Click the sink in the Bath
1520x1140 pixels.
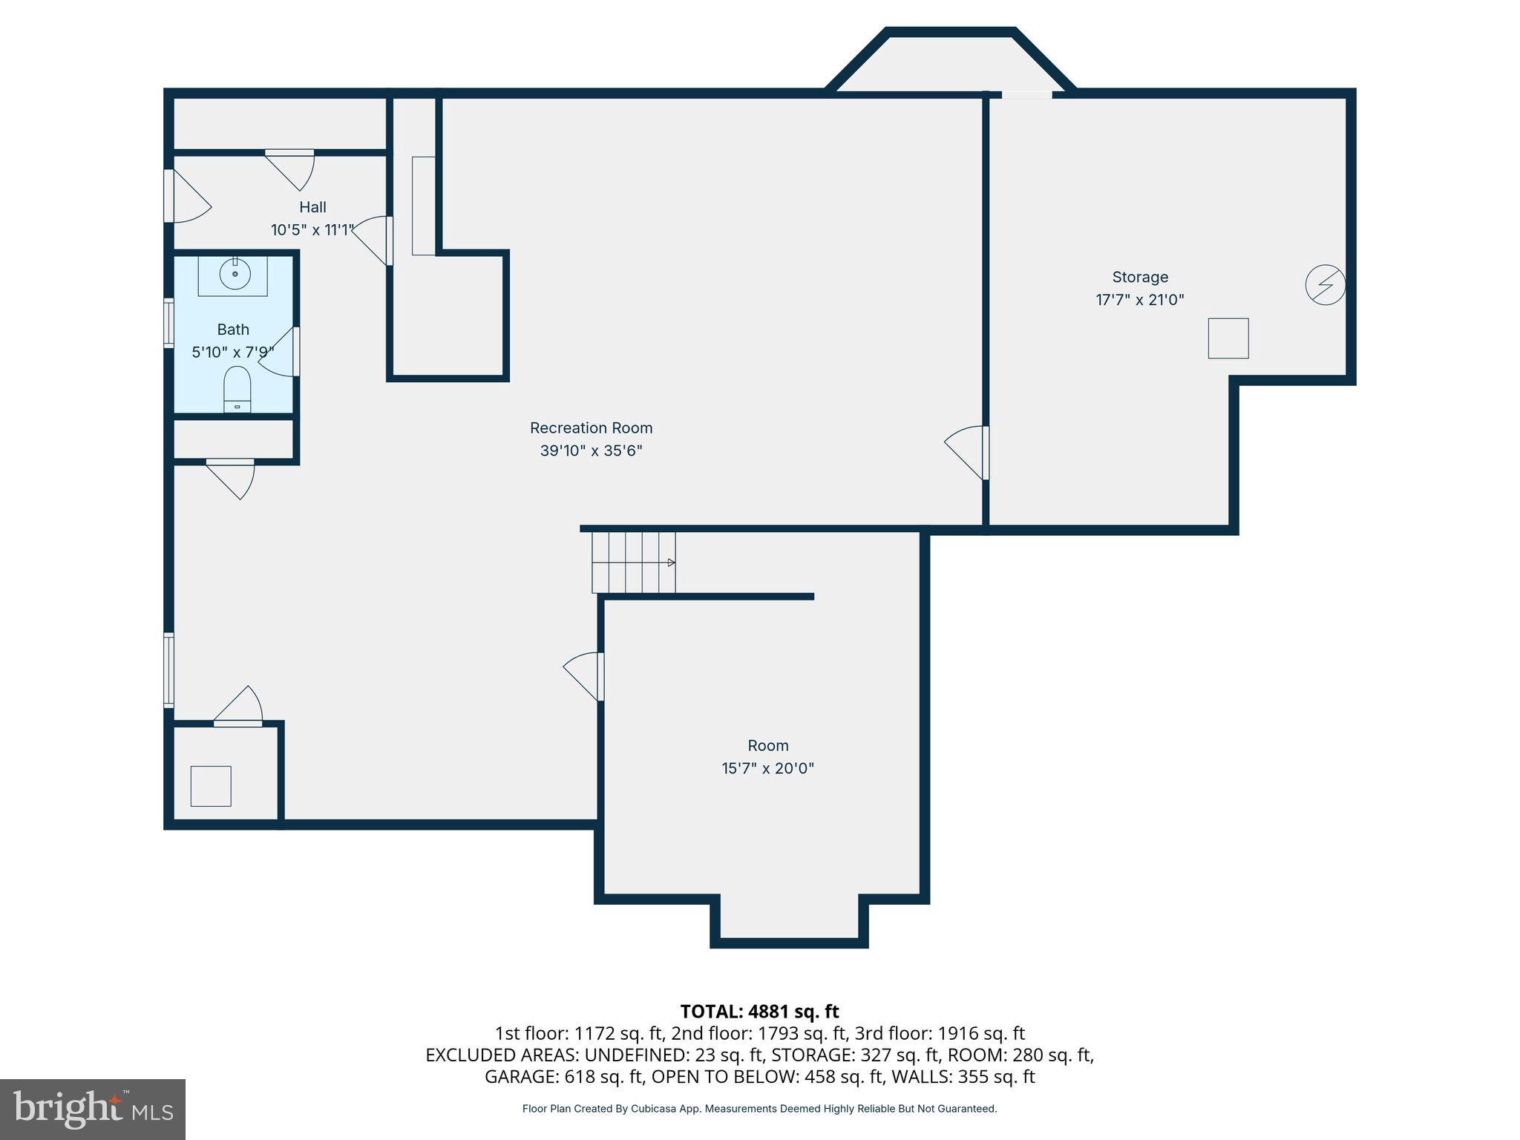tap(235, 275)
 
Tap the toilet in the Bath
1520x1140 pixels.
tap(237, 387)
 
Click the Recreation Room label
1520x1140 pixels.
tap(591, 428)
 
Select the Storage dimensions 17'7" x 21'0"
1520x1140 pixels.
tap(1139, 300)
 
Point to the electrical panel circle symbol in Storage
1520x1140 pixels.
tap(1325, 285)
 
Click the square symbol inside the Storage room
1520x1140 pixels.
tap(1228, 338)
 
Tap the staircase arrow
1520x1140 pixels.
tap(670, 563)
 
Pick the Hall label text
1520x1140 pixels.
tap(312, 207)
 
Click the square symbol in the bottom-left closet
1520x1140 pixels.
tap(211, 786)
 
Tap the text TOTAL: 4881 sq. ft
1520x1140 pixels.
tap(759, 1012)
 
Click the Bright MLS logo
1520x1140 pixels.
tap(93, 1110)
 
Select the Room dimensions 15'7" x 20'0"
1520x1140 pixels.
tap(767, 768)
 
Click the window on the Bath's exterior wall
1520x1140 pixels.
tap(168, 322)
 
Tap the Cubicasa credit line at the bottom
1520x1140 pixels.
tap(759, 1109)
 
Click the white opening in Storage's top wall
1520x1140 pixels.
tap(1026, 94)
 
